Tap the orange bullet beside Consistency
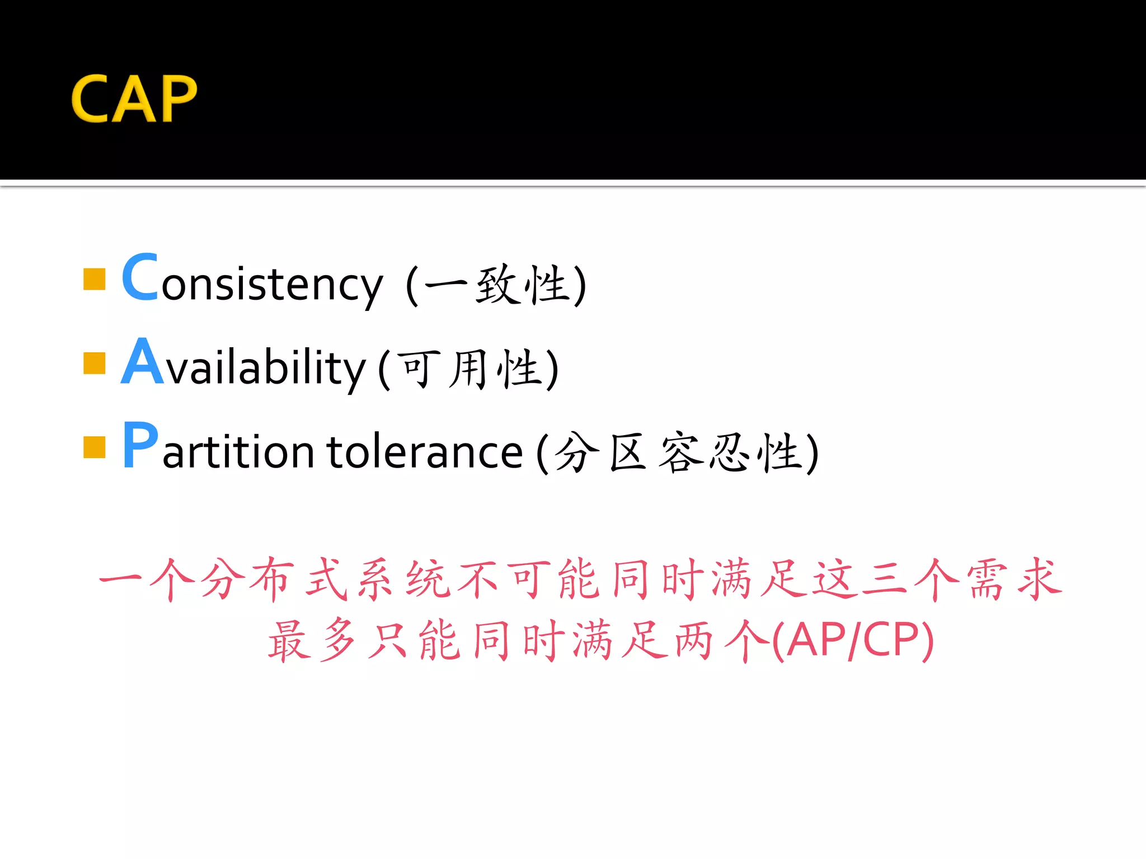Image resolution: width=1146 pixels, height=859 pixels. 94,279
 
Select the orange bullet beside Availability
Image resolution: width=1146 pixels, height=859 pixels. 94,362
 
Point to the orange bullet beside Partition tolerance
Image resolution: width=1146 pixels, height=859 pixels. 94,446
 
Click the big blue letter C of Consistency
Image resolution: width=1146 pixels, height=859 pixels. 140,277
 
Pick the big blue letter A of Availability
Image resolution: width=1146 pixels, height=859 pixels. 142,362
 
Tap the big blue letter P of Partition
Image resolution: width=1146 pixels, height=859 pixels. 140,445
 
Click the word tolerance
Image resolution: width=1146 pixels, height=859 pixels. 425,452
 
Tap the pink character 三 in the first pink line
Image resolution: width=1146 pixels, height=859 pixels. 884,579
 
